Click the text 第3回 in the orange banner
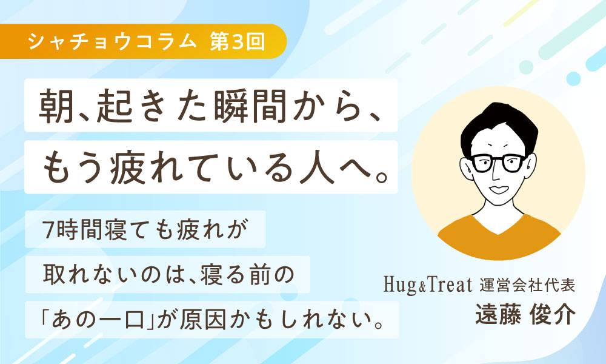pos(238,41)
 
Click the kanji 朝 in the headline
pos(56,106)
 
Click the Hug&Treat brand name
pos(428,285)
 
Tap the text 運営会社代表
pos(527,285)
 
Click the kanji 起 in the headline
pos(115,106)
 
